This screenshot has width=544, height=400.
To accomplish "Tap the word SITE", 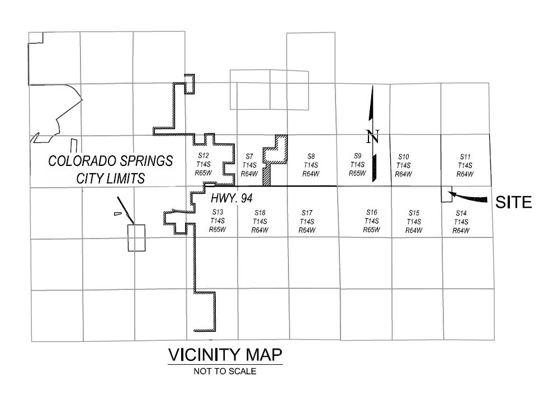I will coord(514,202).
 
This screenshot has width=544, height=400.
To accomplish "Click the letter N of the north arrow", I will coord(373,136).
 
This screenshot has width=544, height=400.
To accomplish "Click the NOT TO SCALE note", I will coord(225,370).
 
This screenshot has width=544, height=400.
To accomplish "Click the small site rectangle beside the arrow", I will coord(446,195).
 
